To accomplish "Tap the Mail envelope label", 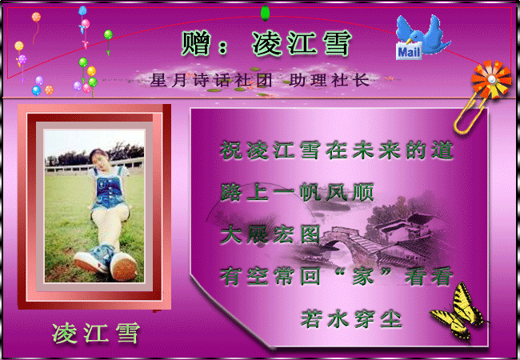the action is click(x=409, y=51).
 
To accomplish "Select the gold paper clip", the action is click(x=470, y=114).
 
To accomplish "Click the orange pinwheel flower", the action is click(x=491, y=79).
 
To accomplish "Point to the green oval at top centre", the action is click(x=265, y=14).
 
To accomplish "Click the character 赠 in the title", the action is click(x=196, y=43).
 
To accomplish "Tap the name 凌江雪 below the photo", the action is click(x=95, y=333).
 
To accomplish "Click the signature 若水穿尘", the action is click(x=351, y=319).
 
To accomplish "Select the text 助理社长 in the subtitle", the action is click(x=330, y=80).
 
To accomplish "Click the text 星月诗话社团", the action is click(x=211, y=80).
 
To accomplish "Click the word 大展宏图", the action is click(x=270, y=234).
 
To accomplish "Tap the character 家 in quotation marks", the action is click(x=363, y=276).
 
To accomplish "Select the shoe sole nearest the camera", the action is click(x=124, y=267).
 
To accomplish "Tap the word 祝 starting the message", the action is click(x=231, y=150).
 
